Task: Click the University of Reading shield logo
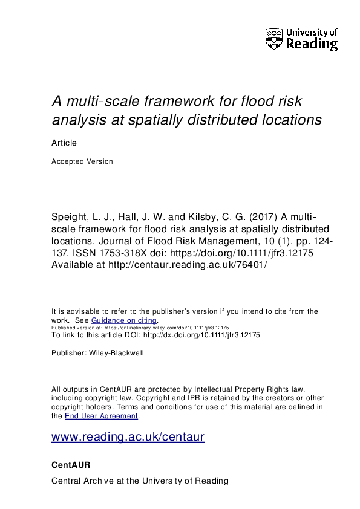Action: pos(274,39)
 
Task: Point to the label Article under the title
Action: pos(64,143)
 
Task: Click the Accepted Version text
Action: pos(82,161)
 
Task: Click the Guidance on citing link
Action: pos(124,320)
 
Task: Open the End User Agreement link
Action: pos(102,416)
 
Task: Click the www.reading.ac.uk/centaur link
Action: pos(128,437)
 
